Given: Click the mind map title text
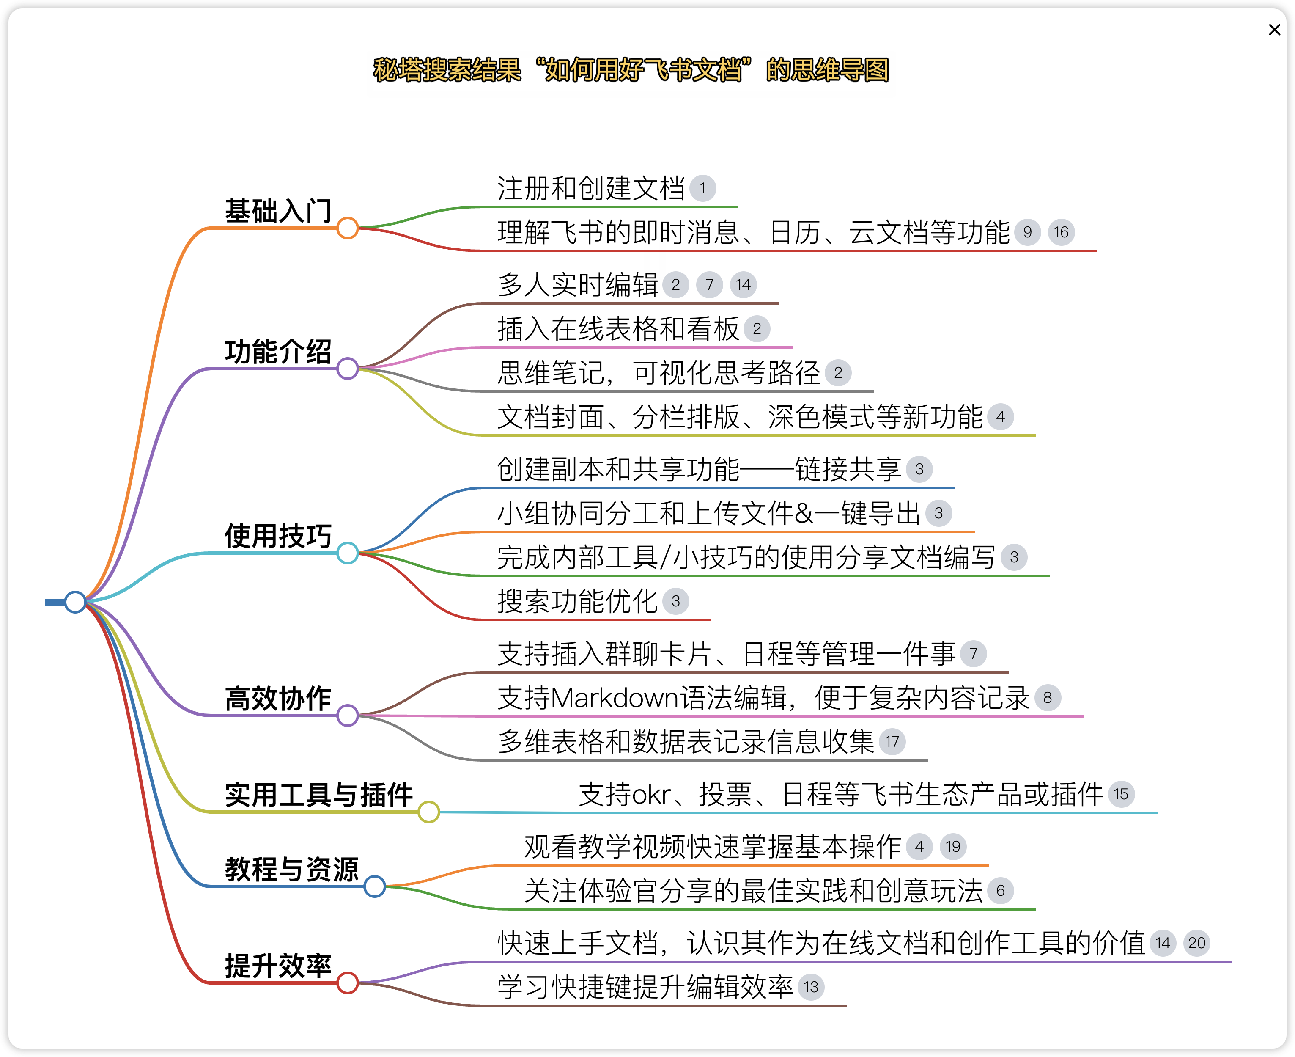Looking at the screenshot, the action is (x=631, y=70).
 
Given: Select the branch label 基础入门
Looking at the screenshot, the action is (x=278, y=211).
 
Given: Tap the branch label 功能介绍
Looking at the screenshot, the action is (x=278, y=352).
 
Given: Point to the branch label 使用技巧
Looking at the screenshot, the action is (x=278, y=537).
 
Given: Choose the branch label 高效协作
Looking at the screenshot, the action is (x=278, y=698).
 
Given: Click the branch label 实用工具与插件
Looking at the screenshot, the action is (x=319, y=795).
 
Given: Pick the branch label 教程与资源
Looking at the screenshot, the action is (x=292, y=870).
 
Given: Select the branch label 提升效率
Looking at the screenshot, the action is (x=278, y=966).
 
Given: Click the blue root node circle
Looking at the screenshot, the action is (x=75, y=602).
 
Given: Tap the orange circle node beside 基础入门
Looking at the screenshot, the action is (x=348, y=228).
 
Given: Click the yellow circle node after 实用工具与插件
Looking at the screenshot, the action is (x=429, y=812).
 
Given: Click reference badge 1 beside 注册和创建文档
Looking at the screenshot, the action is (x=703, y=188).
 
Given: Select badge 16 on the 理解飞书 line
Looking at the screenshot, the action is (x=1061, y=232).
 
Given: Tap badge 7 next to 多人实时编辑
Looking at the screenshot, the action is (x=710, y=284).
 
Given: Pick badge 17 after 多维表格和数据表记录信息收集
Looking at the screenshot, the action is (x=892, y=742).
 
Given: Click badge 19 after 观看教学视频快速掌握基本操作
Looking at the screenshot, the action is (x=953, y=846).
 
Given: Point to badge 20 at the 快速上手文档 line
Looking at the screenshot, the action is (x=1196, y=943).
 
